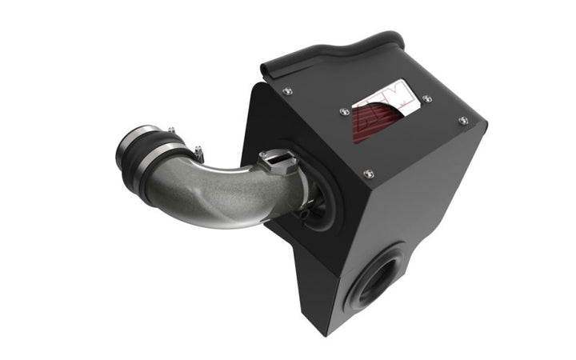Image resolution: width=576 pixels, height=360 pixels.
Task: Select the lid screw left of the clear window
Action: tap(343, 111)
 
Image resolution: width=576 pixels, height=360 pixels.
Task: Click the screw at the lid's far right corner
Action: tap(463, 120)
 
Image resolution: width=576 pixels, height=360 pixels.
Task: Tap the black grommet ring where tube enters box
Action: tap(310, 196)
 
